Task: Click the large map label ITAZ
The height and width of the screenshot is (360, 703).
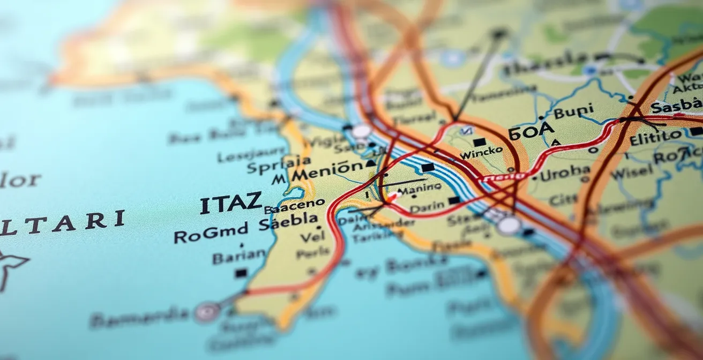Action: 231,204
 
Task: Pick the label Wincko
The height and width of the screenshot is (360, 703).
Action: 481,153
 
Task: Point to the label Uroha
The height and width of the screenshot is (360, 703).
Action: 565,173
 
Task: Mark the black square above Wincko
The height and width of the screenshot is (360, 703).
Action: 480,142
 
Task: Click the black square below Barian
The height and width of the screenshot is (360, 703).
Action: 241,273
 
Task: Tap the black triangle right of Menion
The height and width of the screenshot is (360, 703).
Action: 370,163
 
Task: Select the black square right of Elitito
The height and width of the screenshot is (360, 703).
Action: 696,131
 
